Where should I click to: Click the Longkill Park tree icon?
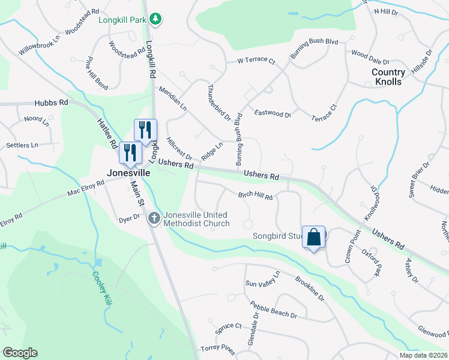tap(155, 19)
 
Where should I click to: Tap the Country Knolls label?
tap(388, 77)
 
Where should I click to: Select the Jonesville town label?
tap(128, 172)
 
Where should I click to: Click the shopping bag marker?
tap(314, 237)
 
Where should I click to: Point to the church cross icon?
tap(154, 218)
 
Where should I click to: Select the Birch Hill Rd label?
tap(255, 196)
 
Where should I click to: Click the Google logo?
tap(20, 353)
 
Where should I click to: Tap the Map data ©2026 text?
tap(423, 355)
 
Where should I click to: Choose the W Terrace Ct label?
tap(256, 61)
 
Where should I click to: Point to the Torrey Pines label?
tap(217, 347)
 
